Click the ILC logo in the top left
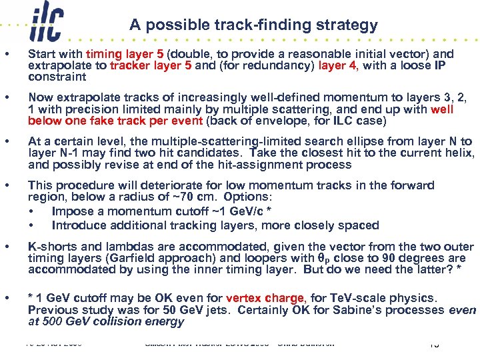point(46,25)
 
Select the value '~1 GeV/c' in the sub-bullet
point(215,211)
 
